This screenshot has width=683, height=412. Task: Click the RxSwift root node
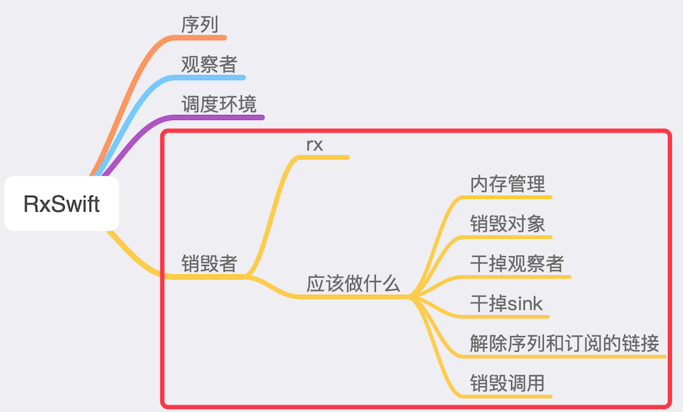(x=61, y=204)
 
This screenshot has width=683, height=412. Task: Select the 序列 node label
(x=200, y=24)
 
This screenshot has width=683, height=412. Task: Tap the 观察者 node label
(x=209, y=64)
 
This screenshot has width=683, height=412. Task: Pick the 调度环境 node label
(x=218, y=104)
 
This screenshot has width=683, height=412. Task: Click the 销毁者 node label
(x=209, y=263)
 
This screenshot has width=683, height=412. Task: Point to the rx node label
(x=315, y=144)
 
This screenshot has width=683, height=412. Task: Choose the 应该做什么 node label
(x=353, y=284)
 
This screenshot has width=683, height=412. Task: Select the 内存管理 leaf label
(x=508, y=183)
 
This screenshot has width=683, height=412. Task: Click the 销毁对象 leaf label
(x=508, y=223)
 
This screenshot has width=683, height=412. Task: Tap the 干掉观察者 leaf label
(x=517, y=264)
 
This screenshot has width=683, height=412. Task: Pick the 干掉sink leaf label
(x=507, y=303)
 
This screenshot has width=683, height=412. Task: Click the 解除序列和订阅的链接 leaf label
(x=565, y=343)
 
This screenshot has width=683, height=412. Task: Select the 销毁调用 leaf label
(x=508, y=383)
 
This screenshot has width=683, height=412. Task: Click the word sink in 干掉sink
(x=526, y=303)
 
